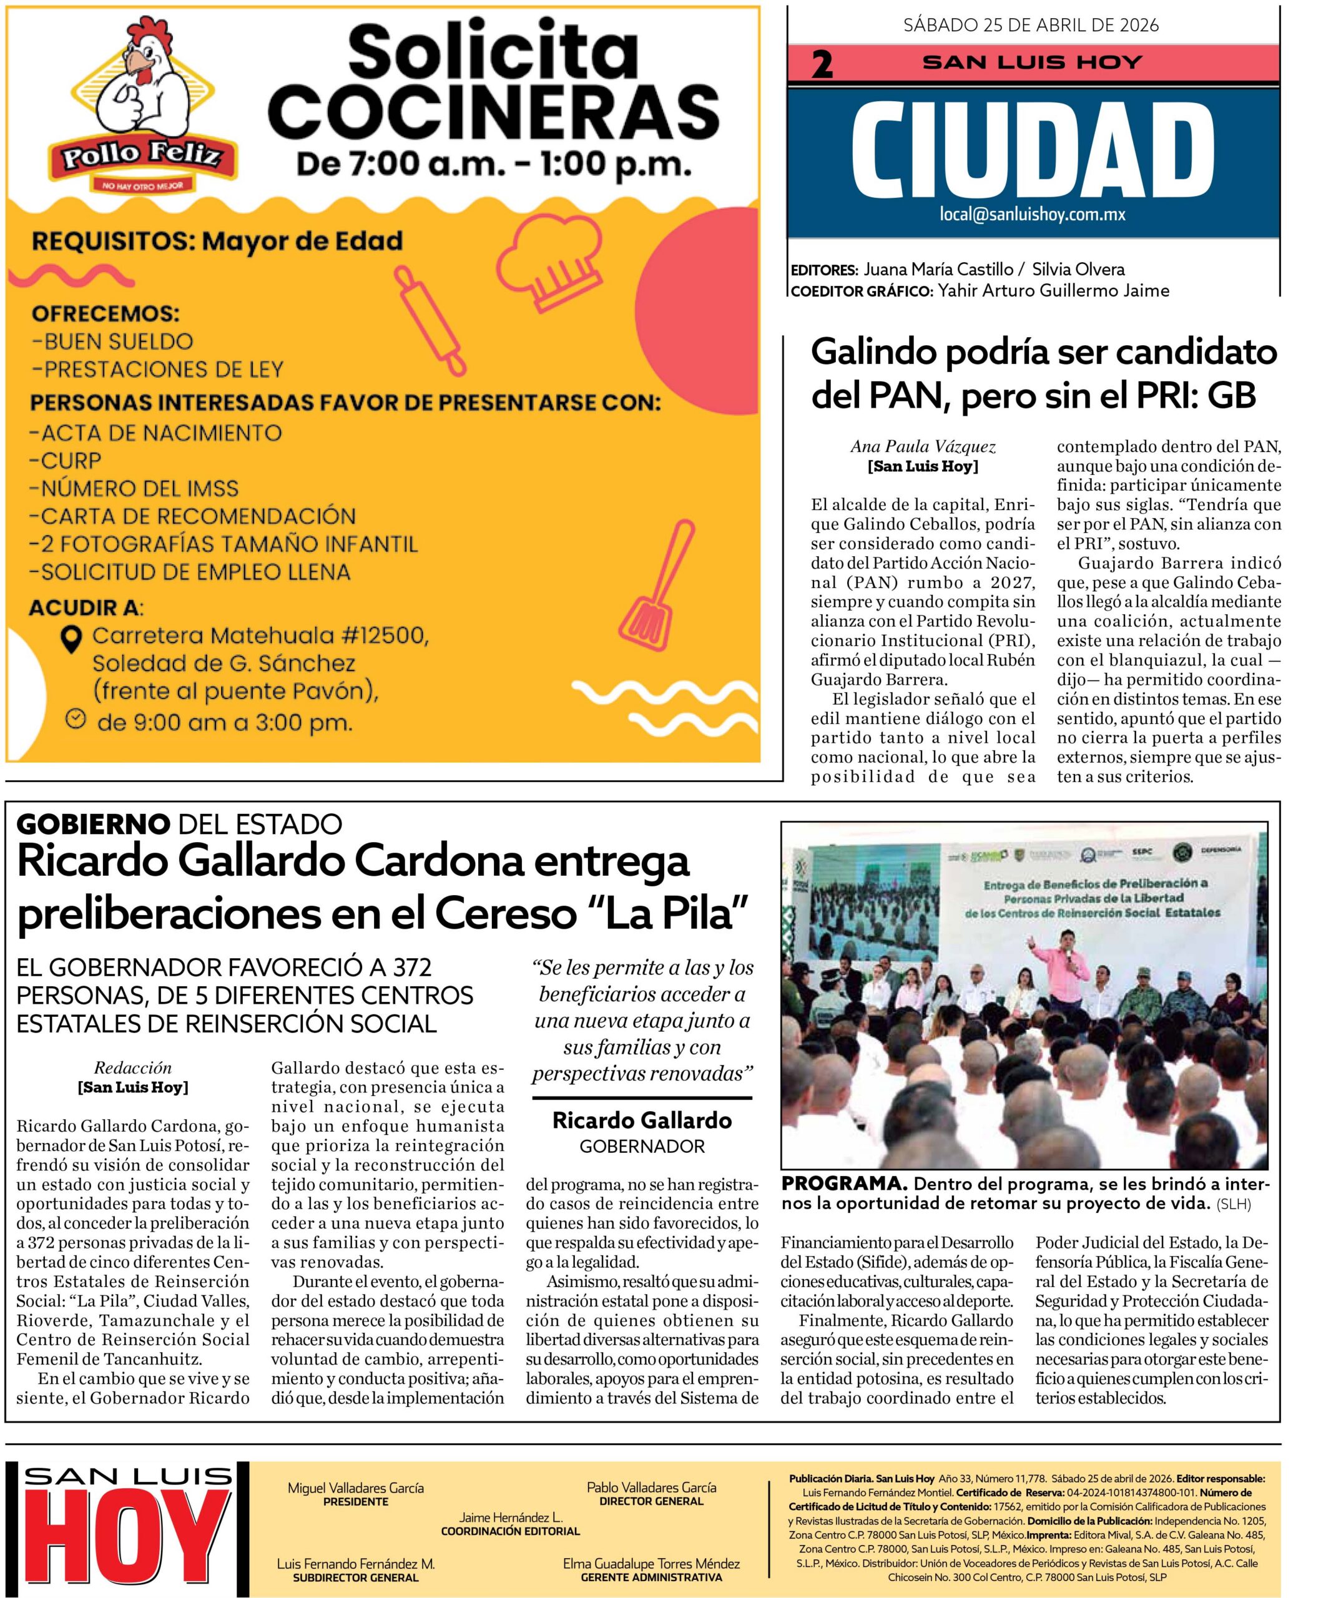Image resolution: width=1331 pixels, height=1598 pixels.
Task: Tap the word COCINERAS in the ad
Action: coord(494,110)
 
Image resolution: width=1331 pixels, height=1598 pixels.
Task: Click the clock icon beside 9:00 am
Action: coord(74,719)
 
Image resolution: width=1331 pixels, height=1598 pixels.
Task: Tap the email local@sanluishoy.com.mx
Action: coord(1032,215)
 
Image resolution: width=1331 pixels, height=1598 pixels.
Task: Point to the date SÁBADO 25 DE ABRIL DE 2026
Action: coord(1031,25)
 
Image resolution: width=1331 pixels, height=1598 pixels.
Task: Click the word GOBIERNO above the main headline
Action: coord(93,823)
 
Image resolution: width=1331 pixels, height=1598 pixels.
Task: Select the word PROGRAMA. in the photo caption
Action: coord(843,1185)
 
